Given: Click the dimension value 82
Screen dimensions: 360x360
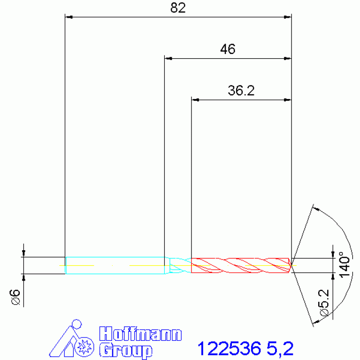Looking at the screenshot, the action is [x=178, y=8].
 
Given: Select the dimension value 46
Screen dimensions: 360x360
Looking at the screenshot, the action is [x=228, y=49].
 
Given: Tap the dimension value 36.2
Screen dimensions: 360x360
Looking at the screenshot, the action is [x=241, y=91].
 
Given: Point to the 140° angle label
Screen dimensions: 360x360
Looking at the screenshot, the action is [x=345, y=265].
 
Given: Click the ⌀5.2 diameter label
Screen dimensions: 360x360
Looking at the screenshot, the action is [x=324, y=303].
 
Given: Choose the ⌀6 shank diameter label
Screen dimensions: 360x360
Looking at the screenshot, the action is [x=15, y=297].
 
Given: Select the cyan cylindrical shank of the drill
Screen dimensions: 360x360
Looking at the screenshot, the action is [x=115, y=265].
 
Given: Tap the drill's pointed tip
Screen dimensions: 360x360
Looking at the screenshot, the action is [x=291, y=266].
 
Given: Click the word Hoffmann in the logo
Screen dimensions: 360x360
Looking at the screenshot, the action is [x=140, y=334].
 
